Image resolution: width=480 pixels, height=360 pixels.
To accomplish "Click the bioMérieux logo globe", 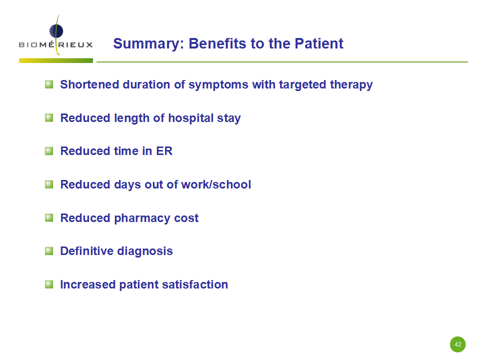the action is (56, 31).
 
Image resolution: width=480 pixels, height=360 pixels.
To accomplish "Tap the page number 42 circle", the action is (457, 344).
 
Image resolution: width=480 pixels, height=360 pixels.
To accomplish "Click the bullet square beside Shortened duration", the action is (49, 84).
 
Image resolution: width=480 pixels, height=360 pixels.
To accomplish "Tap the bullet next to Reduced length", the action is (49, 117).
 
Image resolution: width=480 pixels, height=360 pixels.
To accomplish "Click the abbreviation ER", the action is (164, 151).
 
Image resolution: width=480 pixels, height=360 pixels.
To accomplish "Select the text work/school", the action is (216, 184).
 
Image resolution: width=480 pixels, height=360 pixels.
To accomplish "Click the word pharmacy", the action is (142, 218).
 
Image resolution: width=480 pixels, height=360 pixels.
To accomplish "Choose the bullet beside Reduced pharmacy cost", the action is (49, 217).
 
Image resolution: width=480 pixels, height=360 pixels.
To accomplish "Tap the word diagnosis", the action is (145, 251).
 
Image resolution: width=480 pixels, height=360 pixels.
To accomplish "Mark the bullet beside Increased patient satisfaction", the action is (49, 284).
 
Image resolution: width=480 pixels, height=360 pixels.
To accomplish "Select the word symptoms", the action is (218, 85).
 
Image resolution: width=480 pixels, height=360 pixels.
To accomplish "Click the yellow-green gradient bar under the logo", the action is (56, 60).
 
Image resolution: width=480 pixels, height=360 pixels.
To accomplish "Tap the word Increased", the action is (88, 284).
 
